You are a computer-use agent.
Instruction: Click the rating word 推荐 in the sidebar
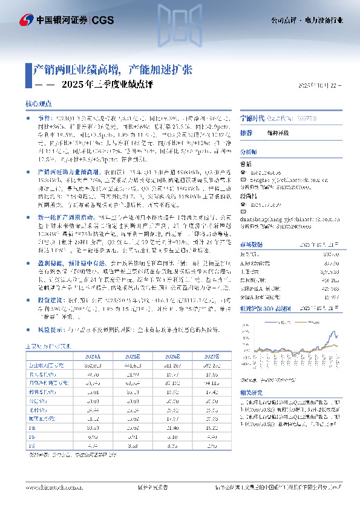coord(246,132)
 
